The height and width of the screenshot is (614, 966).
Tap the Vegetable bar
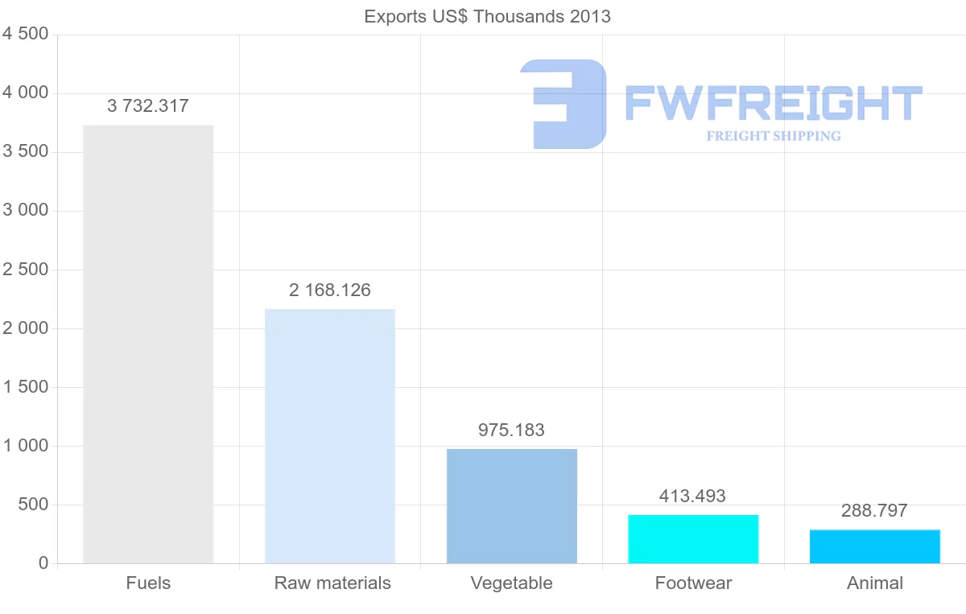click(x=512, y=506)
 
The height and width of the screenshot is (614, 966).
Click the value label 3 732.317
click(x=148, y=105)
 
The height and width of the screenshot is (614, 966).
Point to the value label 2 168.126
click(x=330, y=291)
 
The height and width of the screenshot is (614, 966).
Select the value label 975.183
click(x=511, y=431)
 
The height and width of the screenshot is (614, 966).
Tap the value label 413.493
click(x=692, y=497)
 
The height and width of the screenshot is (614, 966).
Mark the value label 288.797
click(x=874, y=511)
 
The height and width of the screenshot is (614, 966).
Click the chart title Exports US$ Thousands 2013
click(x=487, y=16)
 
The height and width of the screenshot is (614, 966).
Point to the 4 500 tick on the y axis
click(x=26, y=34)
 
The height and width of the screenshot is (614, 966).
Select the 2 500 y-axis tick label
click(x=26, y=270)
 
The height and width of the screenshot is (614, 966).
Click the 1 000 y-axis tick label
click(x=26, y=446)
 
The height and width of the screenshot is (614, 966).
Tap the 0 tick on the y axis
click(x=43, y=563)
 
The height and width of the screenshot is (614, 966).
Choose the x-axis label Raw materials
click(x=332, y=583)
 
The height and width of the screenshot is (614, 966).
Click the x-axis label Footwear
click(x=693, y=583)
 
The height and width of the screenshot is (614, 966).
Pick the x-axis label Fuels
click(x=148, y=583)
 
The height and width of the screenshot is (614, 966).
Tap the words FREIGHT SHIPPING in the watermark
click(x=774, y=136)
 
